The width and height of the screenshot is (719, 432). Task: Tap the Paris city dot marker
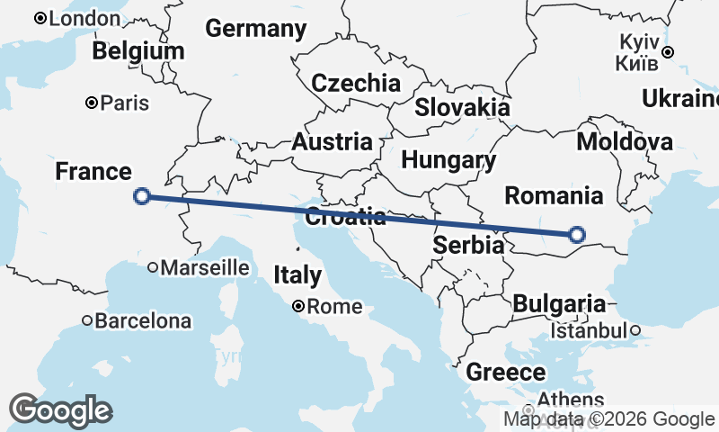click(92, 103)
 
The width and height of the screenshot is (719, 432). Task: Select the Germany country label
click(256, 29)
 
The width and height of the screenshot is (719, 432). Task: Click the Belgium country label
click(138, 51)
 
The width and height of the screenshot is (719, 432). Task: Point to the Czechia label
click(356, 84)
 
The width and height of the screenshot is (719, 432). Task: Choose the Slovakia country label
click(462, 107)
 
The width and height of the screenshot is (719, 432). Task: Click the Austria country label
click(332, 141)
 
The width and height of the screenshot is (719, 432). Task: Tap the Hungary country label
click(448, 161)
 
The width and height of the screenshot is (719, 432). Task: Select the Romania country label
click(553, 195)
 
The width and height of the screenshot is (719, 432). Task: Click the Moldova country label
click(625, 141)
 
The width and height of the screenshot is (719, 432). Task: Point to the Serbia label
click(467, 245)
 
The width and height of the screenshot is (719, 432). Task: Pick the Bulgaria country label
click(559, 303)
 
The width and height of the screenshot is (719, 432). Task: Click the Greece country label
click(505, 372)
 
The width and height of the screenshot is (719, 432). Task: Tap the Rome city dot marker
click(298, 306)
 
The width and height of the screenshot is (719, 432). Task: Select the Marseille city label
click(205, 266)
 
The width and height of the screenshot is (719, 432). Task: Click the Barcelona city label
click(143, 320)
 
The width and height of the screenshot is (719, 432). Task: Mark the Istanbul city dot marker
click(635, 330)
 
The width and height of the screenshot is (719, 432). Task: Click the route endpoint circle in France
click(141, 196)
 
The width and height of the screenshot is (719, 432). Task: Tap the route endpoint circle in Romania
click(577, 235)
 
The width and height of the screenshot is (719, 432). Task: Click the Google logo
click(61, 410)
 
